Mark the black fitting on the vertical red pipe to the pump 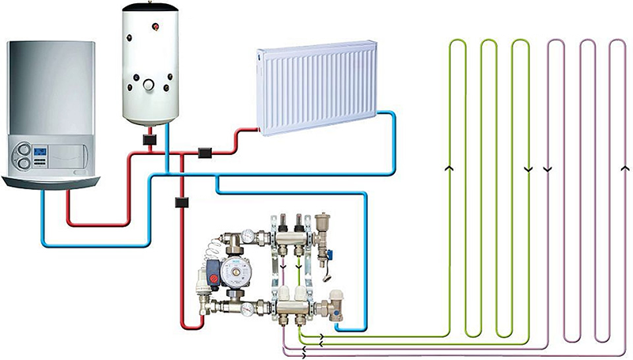pos(181,203)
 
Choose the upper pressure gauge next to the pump pos(249,235)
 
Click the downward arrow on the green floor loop pos(529,169)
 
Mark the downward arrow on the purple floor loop pos(548,169)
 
